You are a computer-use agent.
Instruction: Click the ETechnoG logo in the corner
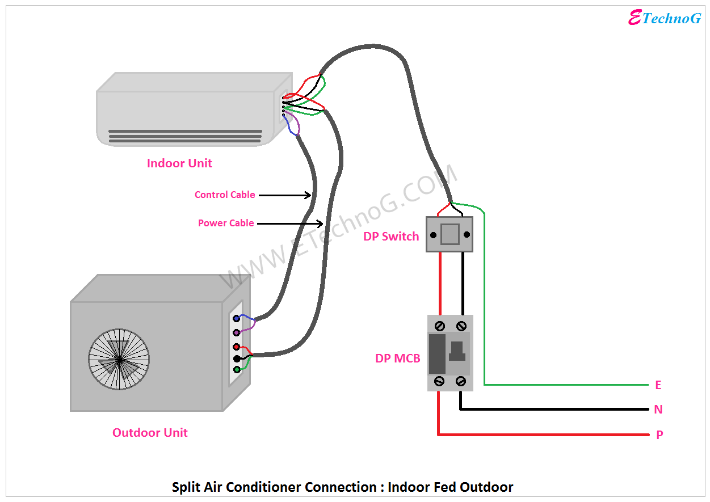pyautogui.click(x=665, y=18)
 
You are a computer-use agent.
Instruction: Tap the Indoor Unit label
pyautogui.click(x=179, y=163)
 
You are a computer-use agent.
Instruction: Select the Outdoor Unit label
pyautogui.click(x=150, y=433)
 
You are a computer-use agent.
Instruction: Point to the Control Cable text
pyautogui.click(x=225, y=195)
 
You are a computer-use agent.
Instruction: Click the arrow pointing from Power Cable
pyautogui.click(x=290, y=223)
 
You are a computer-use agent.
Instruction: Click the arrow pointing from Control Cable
pyautogui.click(x=284, y=195)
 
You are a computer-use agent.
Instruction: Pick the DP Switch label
pyautogui.click(x=391, y=237)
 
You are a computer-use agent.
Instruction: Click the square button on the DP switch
pyautogui.click(x=449, y=234)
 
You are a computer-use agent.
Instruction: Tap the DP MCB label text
pyautogui.click(x=397, y=358)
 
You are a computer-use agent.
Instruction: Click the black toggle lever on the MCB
pyautogui.click(x=457, y=351)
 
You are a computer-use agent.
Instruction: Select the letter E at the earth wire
pyautogui.click(x=658, y=385)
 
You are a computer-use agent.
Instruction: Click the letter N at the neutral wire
pyautogui.click(x=658, y=410)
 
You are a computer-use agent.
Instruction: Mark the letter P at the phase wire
pyautogui.click(x=659, y=435)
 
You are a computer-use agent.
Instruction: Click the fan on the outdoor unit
pyautogui.click(x=119, y=359)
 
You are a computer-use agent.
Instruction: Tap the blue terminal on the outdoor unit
pyautogui.click(x=236, y=319)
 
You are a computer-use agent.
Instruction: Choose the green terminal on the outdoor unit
pyautogui.click(x=237, y=370)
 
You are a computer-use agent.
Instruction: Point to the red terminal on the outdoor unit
pyautogui.click(x=236, y=347)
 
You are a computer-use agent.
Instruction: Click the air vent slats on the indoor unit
pyautogui.click(x=185, y=135)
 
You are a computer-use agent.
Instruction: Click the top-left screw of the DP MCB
pyautogui.click(x=439, y=326)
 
